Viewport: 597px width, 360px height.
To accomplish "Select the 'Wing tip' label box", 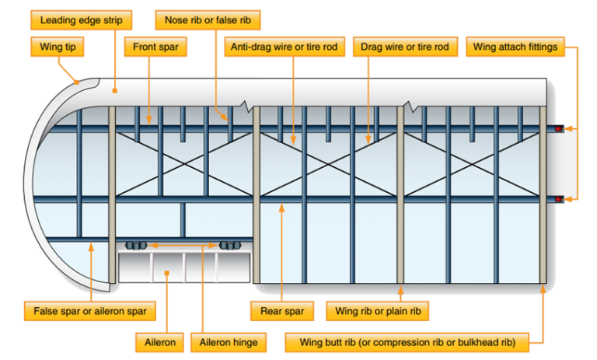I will pyautogui.click(x=58, y=47).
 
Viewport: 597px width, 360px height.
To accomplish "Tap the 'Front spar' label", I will pyautogui.click(x=155, y=47).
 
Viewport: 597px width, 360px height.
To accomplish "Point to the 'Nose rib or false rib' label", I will pyautogui.click(x=208, y=17).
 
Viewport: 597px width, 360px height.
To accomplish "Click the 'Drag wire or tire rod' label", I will pyautogui.click(x=405, y=47).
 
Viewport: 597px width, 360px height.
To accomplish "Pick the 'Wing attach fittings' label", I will pyautogui.click(x=515, y=47).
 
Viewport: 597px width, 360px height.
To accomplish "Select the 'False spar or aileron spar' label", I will pyautogui.click(x=89, y=312).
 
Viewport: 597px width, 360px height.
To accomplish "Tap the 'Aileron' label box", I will pyautogui.click(x=166, y=341).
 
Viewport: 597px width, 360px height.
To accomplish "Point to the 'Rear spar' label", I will pyautogui.click(x=281, y=312).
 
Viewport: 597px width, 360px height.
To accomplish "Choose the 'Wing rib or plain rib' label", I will pyautogui.click(x=378, y=312).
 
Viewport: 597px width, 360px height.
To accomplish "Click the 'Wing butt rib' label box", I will pyautogui.click(x=407, y=341).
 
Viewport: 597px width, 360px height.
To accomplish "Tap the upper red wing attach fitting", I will pyautogui.click(x=558, y=128).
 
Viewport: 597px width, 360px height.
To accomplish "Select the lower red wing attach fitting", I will pyautogui.click(x=558, y=200).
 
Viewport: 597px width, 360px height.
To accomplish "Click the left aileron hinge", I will pyautogui.click(x=137, y=246).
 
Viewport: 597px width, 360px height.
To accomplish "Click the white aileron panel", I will pyautogui.click(x=184, y=267).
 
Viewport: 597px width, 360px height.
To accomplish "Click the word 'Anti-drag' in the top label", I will pyautogui.click(x=251, y=47).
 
